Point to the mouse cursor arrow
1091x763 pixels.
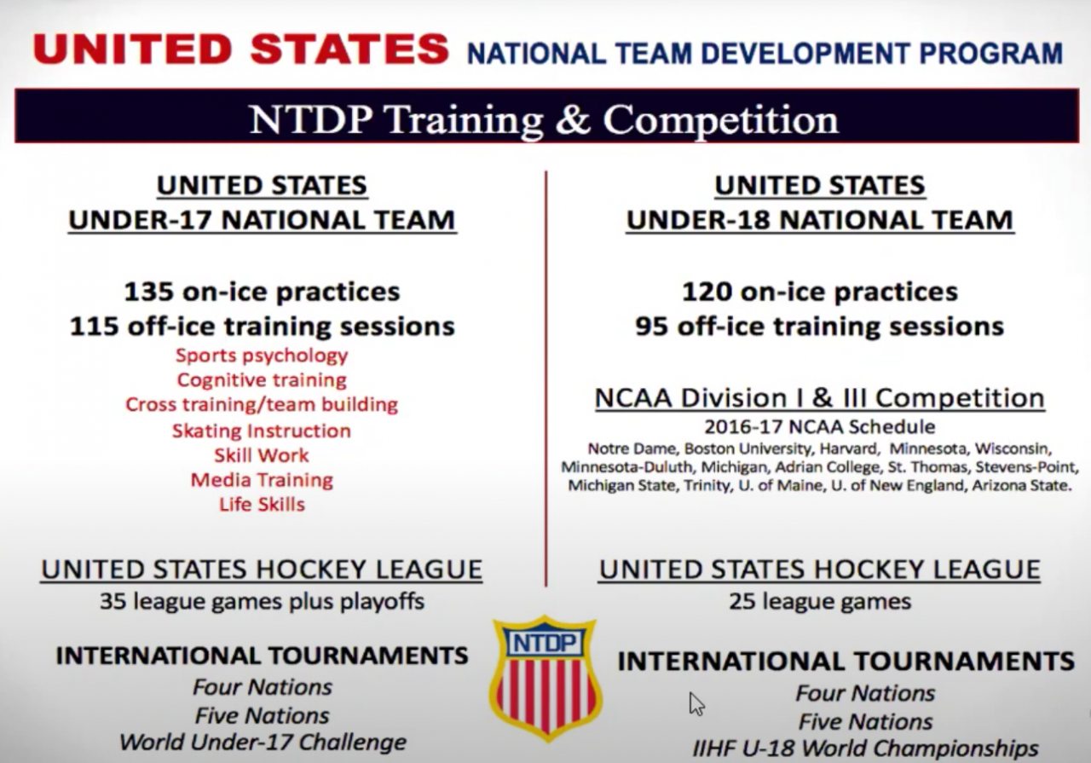click(696, 704)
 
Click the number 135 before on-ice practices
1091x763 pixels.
click(148, 292)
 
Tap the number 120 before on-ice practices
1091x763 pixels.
click(707, 292)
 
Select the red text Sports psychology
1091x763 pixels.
click(262, 355)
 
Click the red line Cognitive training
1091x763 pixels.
click(262, 380)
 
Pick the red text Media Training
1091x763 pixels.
click(262, 480)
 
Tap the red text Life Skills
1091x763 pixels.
click(262, 505)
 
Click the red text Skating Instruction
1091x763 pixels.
click(262, 431)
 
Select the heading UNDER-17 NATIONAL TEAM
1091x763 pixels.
click(262, 220)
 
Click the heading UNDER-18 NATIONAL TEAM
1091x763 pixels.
click(820, 220)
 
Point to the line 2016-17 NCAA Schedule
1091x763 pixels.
click(820, 427)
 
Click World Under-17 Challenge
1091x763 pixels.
click(263, 742)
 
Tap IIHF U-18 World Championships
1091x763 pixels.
click(865, 748)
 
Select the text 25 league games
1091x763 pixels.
click(820, 601)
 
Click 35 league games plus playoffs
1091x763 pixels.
click(262, 601)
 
